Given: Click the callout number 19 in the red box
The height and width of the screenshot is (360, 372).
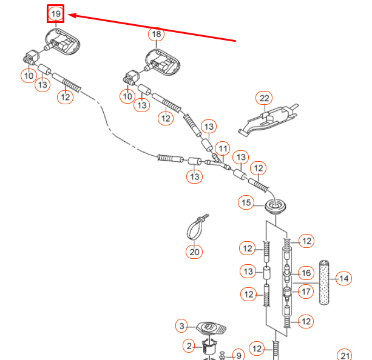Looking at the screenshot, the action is [x=56, y=14].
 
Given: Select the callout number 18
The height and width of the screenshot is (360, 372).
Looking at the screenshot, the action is [x=157, y=35].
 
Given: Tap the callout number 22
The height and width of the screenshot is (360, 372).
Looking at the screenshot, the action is [x=264, y=98].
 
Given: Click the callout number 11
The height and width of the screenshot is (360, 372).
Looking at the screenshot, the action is [x=223, y=149].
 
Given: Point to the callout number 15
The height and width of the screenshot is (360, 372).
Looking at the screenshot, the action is [x=246, y=202].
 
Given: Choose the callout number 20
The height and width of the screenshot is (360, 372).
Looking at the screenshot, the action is [x=194, y=252].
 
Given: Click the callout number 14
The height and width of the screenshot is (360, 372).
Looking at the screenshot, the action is [x=344, y=278].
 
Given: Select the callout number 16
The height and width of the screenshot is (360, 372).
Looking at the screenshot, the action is [x=306, y=273].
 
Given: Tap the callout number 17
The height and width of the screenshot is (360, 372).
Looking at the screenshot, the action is [x=306, y=292].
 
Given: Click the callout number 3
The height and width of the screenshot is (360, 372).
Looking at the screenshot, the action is [x=181, y=326].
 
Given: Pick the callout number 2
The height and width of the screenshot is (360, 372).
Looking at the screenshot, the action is [x=189, y=346].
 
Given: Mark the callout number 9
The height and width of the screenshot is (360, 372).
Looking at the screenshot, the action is [x=238, y=356].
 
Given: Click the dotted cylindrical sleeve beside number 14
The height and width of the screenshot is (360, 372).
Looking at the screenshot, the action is [x=324, y=283].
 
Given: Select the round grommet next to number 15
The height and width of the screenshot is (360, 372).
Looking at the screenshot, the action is [x=275, y=206].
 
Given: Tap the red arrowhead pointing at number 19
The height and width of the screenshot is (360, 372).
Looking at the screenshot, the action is [x=72, y=16].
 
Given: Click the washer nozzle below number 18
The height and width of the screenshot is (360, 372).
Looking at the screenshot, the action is [x=163, y=62].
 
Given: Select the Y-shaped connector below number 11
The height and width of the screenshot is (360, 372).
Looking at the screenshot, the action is [x=218, y=163].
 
